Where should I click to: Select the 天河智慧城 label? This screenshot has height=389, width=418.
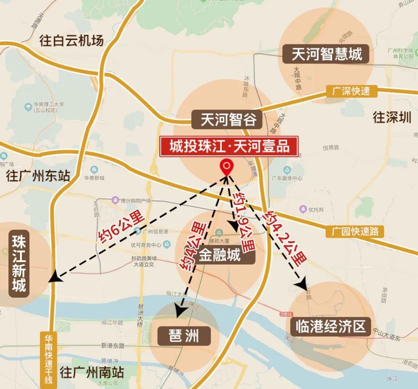(327, 53)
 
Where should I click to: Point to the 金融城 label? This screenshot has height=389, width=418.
(220, 256)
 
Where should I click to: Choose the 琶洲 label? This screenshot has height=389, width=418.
(184, 336)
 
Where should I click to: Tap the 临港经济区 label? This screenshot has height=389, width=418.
(330, 327)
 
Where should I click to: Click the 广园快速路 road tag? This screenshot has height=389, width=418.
(355, 231)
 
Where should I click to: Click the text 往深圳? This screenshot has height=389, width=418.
(393, 118)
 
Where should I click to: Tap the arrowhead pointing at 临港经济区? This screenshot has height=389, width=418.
(301, 285)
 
